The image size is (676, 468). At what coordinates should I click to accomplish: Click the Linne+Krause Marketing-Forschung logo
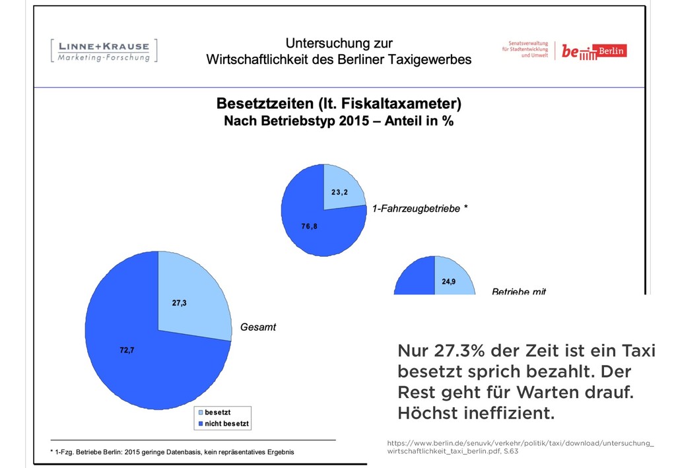(x=104, y=51)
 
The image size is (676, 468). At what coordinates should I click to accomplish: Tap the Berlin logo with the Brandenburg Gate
(x=594, y=51)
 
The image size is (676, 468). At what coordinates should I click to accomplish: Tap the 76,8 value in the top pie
(x=310, y=226)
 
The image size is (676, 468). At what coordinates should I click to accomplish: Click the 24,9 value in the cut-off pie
(x=448, y=282)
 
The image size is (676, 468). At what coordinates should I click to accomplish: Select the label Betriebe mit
(x=519, y=291)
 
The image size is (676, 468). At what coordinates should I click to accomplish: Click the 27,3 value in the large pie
(x=180, y=303)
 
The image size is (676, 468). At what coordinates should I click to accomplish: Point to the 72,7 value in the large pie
(x=127, y=351)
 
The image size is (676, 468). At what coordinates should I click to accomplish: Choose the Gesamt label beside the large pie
(x=258, y=327)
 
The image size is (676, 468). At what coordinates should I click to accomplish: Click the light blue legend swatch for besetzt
(x=199, y=412)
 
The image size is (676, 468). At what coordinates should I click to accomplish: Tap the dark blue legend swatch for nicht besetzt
(x=199, y=423)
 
